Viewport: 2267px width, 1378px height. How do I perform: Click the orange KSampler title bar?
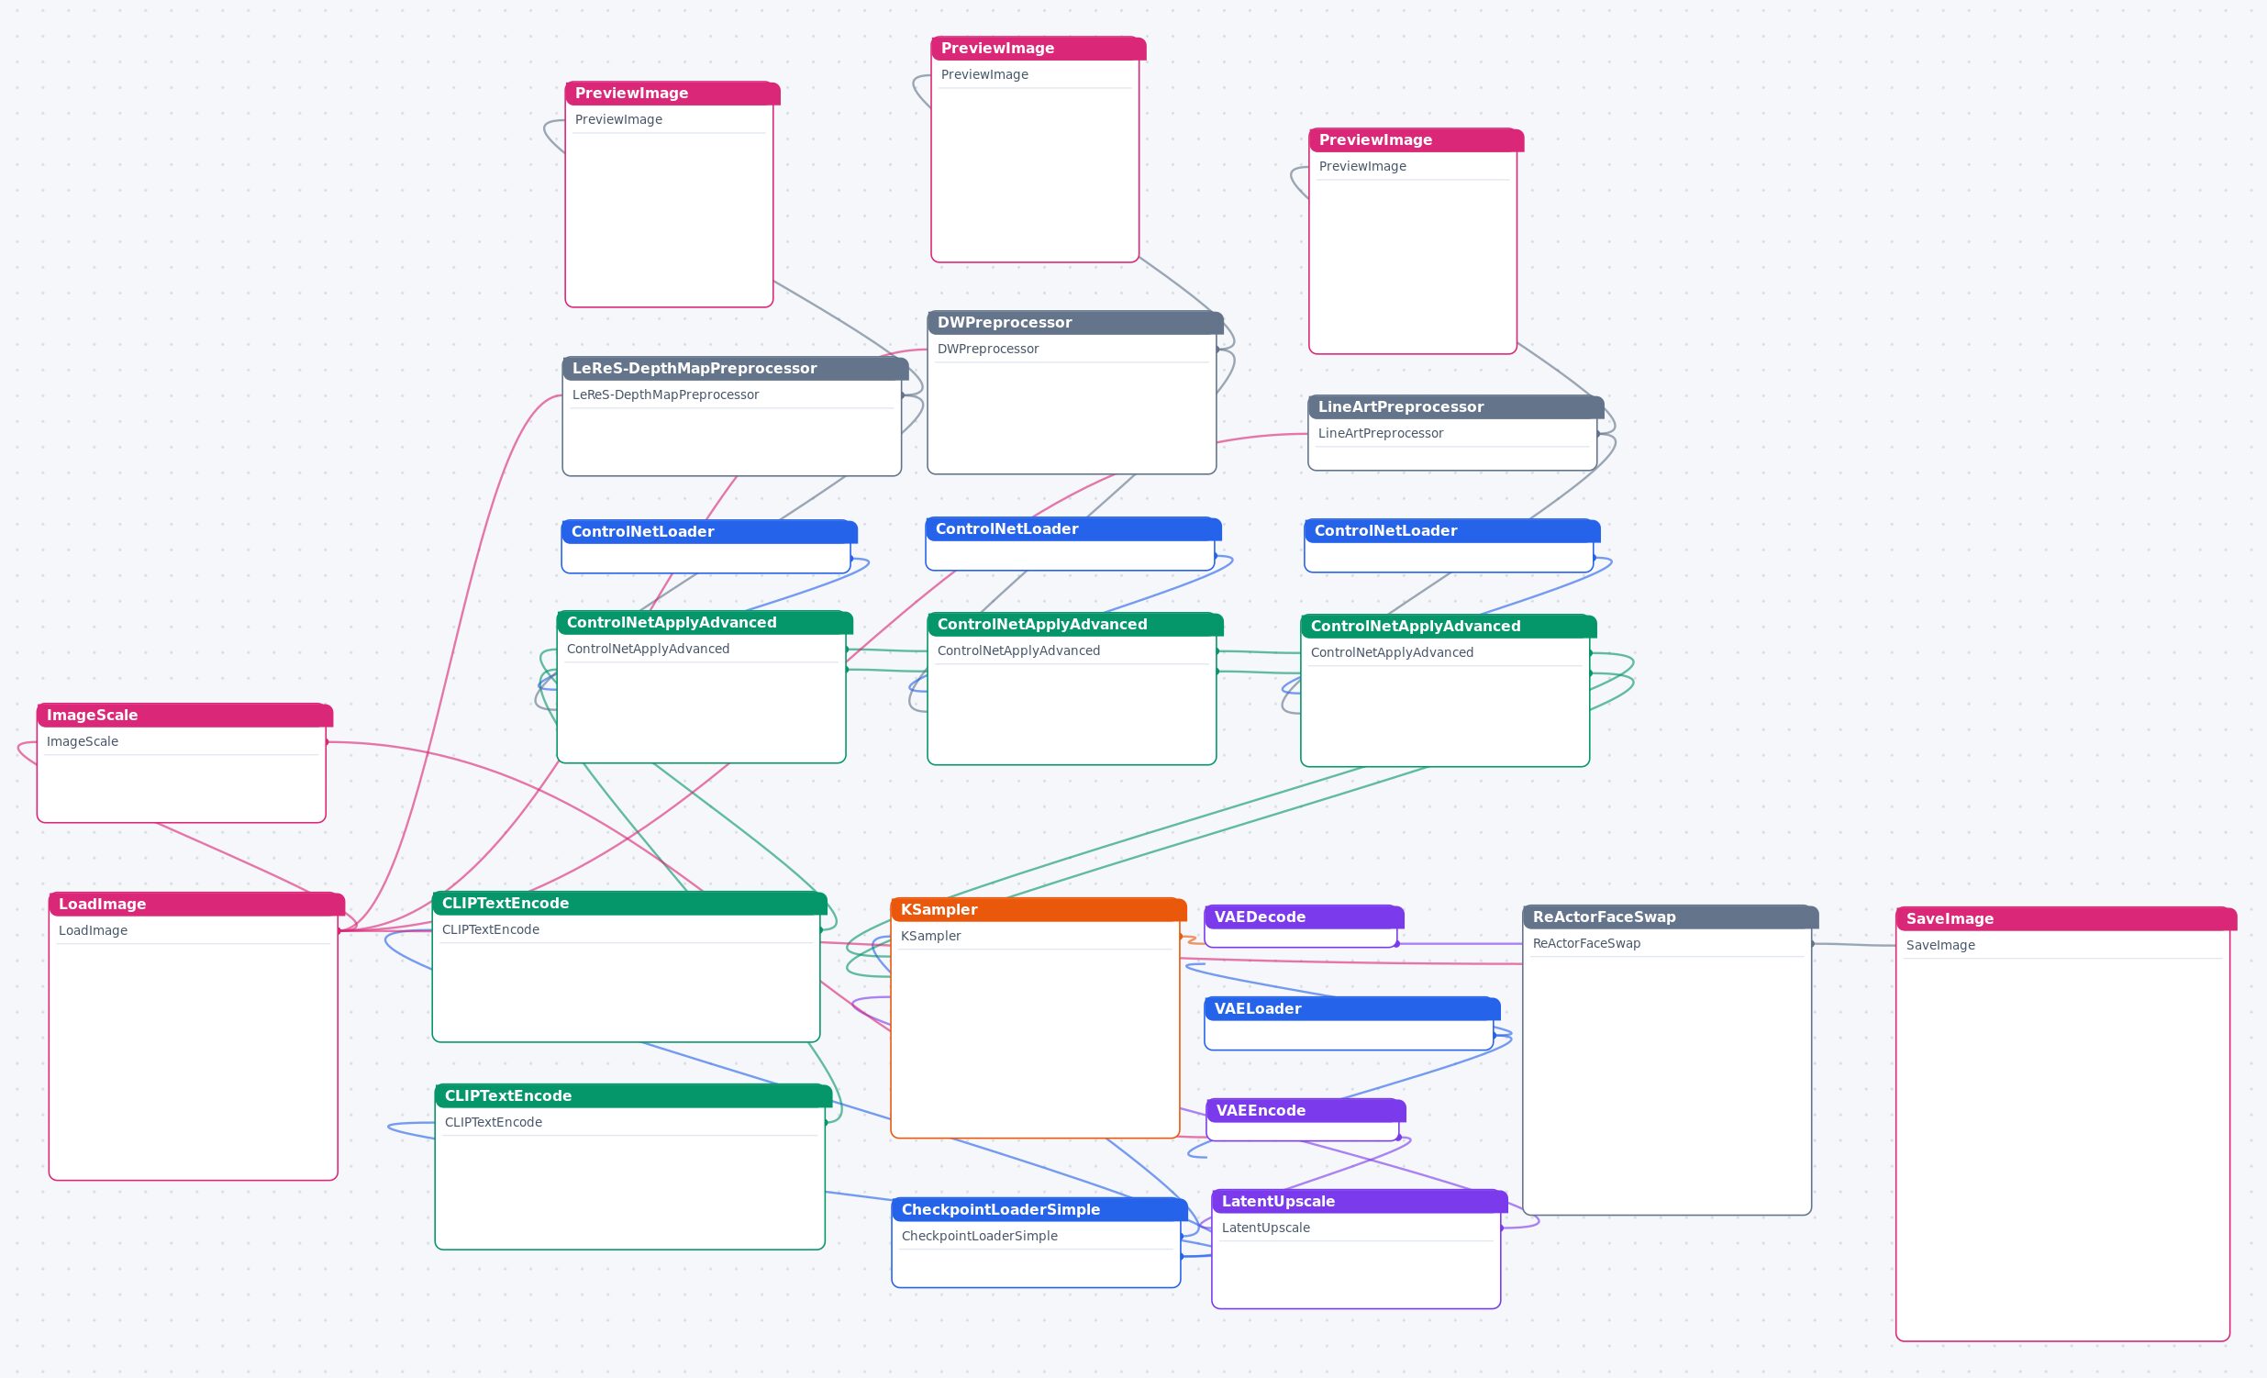point(1038,909)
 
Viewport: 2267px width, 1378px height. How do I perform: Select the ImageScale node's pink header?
point(184,715)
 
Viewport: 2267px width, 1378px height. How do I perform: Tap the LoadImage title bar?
point(196,904)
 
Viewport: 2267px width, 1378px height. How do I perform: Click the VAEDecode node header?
point(1304,917)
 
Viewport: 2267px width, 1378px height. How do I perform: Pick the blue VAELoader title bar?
point(1351,1008)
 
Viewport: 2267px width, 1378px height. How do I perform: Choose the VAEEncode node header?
point(1306,1110)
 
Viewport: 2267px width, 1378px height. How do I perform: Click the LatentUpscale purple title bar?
point(1359,1200)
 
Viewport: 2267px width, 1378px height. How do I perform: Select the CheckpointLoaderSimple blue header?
point(1039,1209)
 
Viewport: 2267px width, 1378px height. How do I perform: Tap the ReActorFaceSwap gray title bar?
point(1670,917)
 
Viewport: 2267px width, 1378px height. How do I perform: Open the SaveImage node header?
point(2065,918)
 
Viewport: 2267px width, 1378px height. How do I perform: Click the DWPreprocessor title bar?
point(1074,322)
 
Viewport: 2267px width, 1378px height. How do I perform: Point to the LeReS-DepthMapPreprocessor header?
point(735,368)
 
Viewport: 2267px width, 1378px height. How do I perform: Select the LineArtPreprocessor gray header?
point(1455,406)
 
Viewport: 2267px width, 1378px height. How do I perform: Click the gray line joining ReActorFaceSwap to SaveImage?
point(1854,944)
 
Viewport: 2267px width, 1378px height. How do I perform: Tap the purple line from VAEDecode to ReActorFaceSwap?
point(1461,943)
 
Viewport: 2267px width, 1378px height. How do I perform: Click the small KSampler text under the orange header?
point(930,936)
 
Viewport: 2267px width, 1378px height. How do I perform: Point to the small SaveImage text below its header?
point(1939,945)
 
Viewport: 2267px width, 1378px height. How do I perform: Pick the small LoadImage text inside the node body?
point(93,930)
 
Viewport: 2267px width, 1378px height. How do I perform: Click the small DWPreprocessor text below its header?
point(987,349)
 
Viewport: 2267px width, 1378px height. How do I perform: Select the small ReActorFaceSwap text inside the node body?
point(1586,943)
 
